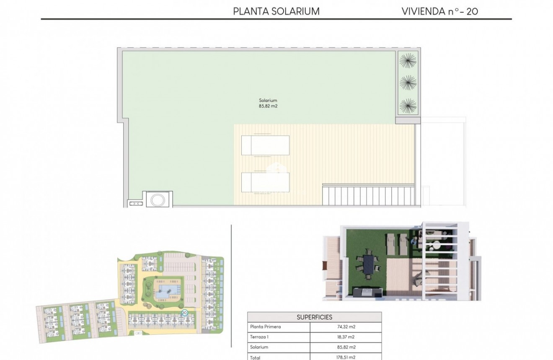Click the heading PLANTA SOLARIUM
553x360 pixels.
click(276, 11)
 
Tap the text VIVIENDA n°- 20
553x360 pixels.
click(439, 11)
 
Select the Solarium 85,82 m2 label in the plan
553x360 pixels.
click(268, 104)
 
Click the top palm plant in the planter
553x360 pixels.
click(408, 61)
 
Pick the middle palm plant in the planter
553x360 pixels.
click(408, 83)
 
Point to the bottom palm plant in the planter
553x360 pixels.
click(408, 105)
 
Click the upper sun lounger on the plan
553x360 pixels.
click(265, 145)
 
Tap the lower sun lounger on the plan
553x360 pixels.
click(265, 182)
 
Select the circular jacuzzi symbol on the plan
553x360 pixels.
click(158, 199)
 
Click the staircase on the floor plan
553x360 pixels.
click(368, 195)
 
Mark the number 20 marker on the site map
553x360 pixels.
click(184, 313)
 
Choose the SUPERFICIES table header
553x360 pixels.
click(314, 317)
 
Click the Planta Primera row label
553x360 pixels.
click(265, 327)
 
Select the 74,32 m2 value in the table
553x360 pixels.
click(346, 327)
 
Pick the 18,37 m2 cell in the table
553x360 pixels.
click(346, 337)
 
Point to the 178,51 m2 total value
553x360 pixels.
click(346, 357)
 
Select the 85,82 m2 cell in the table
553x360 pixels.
click(346, 347)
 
